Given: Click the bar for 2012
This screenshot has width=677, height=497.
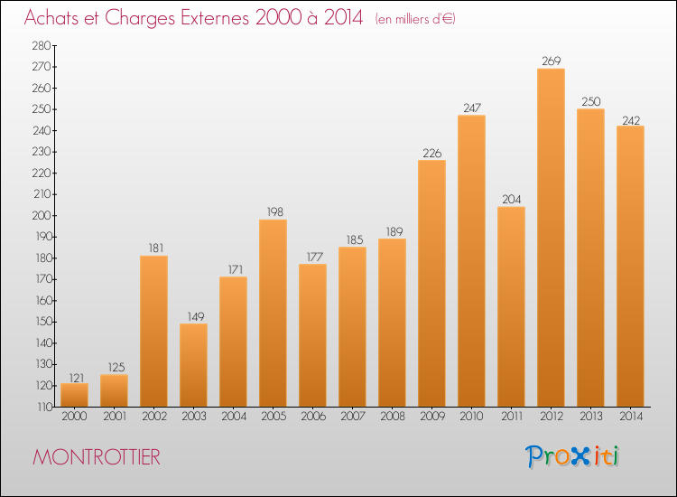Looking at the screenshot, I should click(551, 238).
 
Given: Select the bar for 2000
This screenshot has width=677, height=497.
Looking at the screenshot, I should click(74, 395).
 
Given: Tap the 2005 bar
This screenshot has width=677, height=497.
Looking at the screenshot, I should click(273, 313).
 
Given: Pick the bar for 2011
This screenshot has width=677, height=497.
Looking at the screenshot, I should click(511, 306).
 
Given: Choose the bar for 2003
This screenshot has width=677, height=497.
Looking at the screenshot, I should click(193, 365).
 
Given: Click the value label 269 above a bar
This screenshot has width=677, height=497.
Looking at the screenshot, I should click(551, 61).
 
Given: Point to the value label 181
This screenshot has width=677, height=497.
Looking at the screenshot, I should click(153, 248).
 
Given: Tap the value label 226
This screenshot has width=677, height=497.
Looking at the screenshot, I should click(431, 153).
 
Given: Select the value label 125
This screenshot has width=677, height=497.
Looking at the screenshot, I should click(114, 368).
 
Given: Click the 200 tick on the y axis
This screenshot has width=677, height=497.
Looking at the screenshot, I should click(42, 216).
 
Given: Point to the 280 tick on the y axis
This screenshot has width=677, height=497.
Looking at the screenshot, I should click(42, 46).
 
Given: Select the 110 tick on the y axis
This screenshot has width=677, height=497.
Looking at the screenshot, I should click(42, 407).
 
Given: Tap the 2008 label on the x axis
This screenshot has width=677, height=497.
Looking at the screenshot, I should click(392, 417).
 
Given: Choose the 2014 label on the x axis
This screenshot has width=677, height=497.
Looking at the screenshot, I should click(630, 417).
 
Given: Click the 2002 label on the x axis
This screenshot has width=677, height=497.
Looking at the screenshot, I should click(153, 417).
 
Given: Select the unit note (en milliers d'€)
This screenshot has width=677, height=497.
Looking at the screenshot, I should click(415, 19).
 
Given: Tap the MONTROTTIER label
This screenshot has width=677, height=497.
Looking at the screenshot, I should click(97, 457).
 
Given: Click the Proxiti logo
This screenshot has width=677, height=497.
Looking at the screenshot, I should click(572, 456).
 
